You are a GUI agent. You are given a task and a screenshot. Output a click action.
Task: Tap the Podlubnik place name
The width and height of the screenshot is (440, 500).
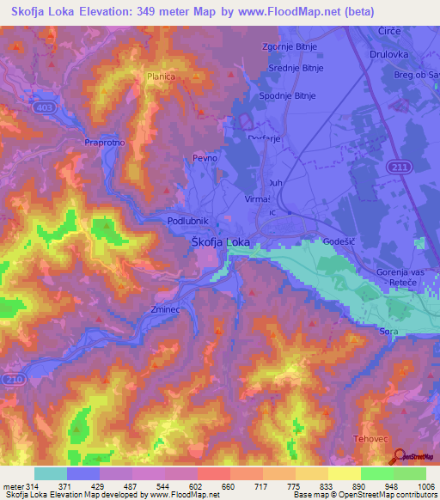186,221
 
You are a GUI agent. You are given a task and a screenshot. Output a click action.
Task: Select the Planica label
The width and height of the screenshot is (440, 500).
161,76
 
